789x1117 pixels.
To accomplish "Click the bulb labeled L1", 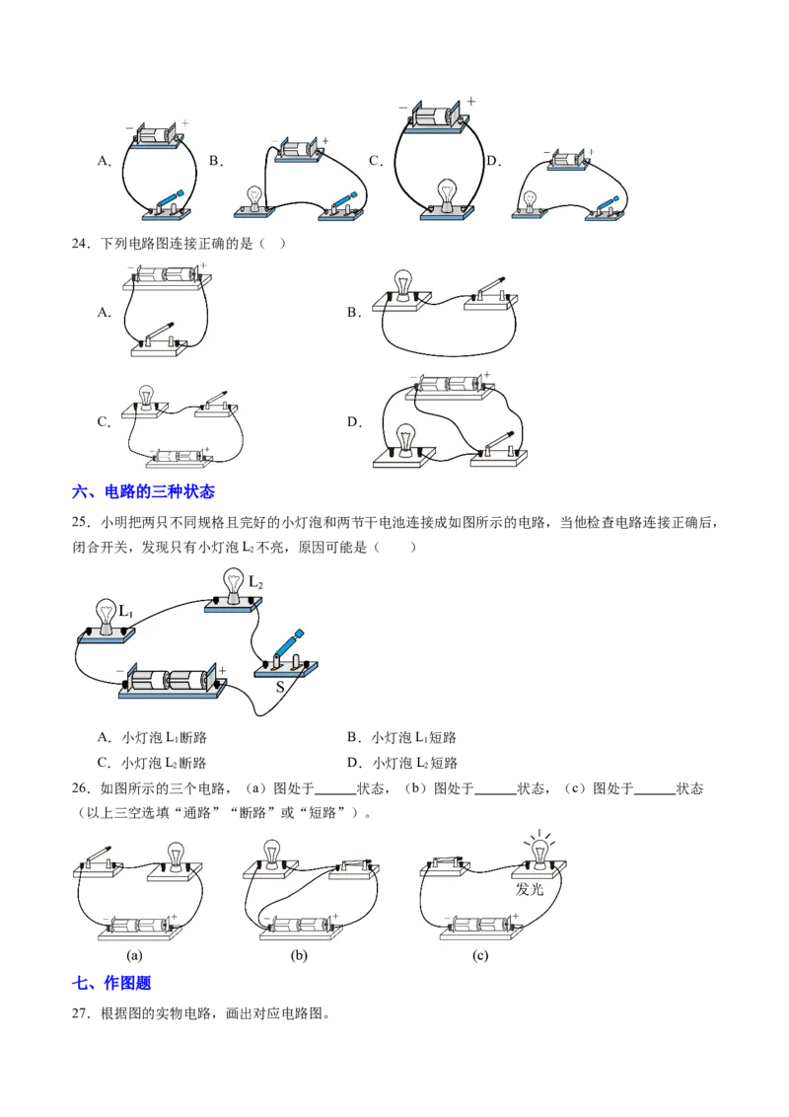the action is pos(107,616).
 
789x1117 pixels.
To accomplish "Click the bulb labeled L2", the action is pos(234,585).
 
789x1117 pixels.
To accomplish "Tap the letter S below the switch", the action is pos(280,688).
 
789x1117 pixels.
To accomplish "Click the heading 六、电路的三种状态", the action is pos(143,491).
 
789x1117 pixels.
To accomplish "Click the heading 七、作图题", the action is pos(111,983).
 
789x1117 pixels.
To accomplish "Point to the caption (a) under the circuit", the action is pos(134,955).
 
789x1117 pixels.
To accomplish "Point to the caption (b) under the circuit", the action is pos(299,955).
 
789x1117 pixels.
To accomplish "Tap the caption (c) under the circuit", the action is pos(480,955).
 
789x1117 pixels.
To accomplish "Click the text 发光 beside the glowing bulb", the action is pos(530,889).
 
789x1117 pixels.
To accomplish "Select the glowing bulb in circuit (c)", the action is pos(540,851).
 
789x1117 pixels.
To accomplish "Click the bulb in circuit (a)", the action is pos(176,856).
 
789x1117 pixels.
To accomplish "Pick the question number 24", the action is pos(81,244).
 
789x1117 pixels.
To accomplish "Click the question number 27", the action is pos(81,1013).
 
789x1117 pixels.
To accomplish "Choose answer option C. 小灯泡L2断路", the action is pos(152,763).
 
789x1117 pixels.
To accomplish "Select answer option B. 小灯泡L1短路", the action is pos(401,737).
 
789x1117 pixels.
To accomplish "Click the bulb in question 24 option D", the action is pos(405,439).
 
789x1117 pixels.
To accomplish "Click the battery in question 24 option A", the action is pos(166,277).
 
